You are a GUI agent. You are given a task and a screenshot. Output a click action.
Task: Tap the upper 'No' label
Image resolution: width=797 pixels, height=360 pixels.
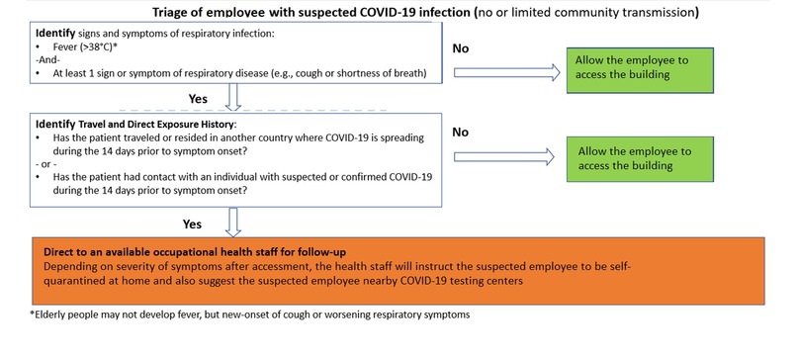(461, 46)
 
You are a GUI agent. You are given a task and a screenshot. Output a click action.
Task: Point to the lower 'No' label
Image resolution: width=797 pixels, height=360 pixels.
(459, 130)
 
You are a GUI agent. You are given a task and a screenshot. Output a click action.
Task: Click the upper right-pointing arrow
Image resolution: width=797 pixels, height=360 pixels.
(499, 71)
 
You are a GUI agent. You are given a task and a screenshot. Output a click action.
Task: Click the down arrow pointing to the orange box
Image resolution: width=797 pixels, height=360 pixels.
(233, 222)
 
